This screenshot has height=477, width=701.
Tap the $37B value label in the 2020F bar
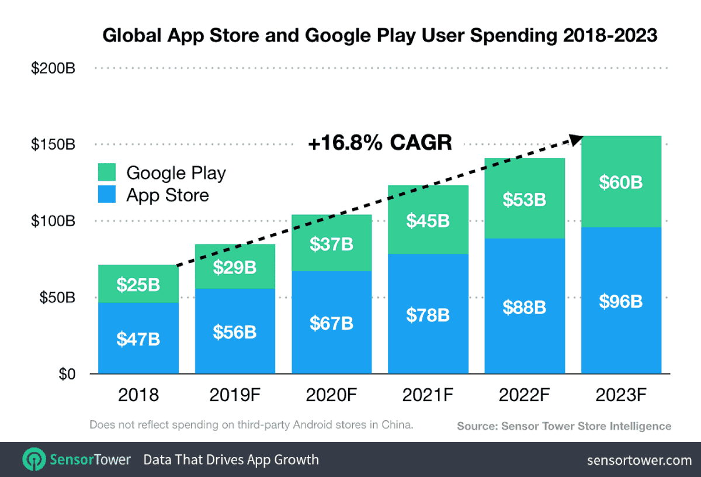(x=331, y=243)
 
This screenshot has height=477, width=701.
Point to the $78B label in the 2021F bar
(x=428, y=314)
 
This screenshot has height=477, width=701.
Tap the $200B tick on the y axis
(x=53, y=68)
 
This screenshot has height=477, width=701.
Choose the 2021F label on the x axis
(x=428, y=395)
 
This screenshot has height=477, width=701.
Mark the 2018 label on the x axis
(x=138, y=395)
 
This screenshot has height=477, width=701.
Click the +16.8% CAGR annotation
(x=380, y=143)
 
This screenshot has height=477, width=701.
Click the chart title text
(x=380, y=36)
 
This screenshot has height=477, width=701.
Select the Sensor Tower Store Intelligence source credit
(x=564, y=426)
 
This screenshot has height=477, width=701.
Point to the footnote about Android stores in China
(x=251, y=425)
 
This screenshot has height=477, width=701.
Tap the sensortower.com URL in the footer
(x=639, y=460)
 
